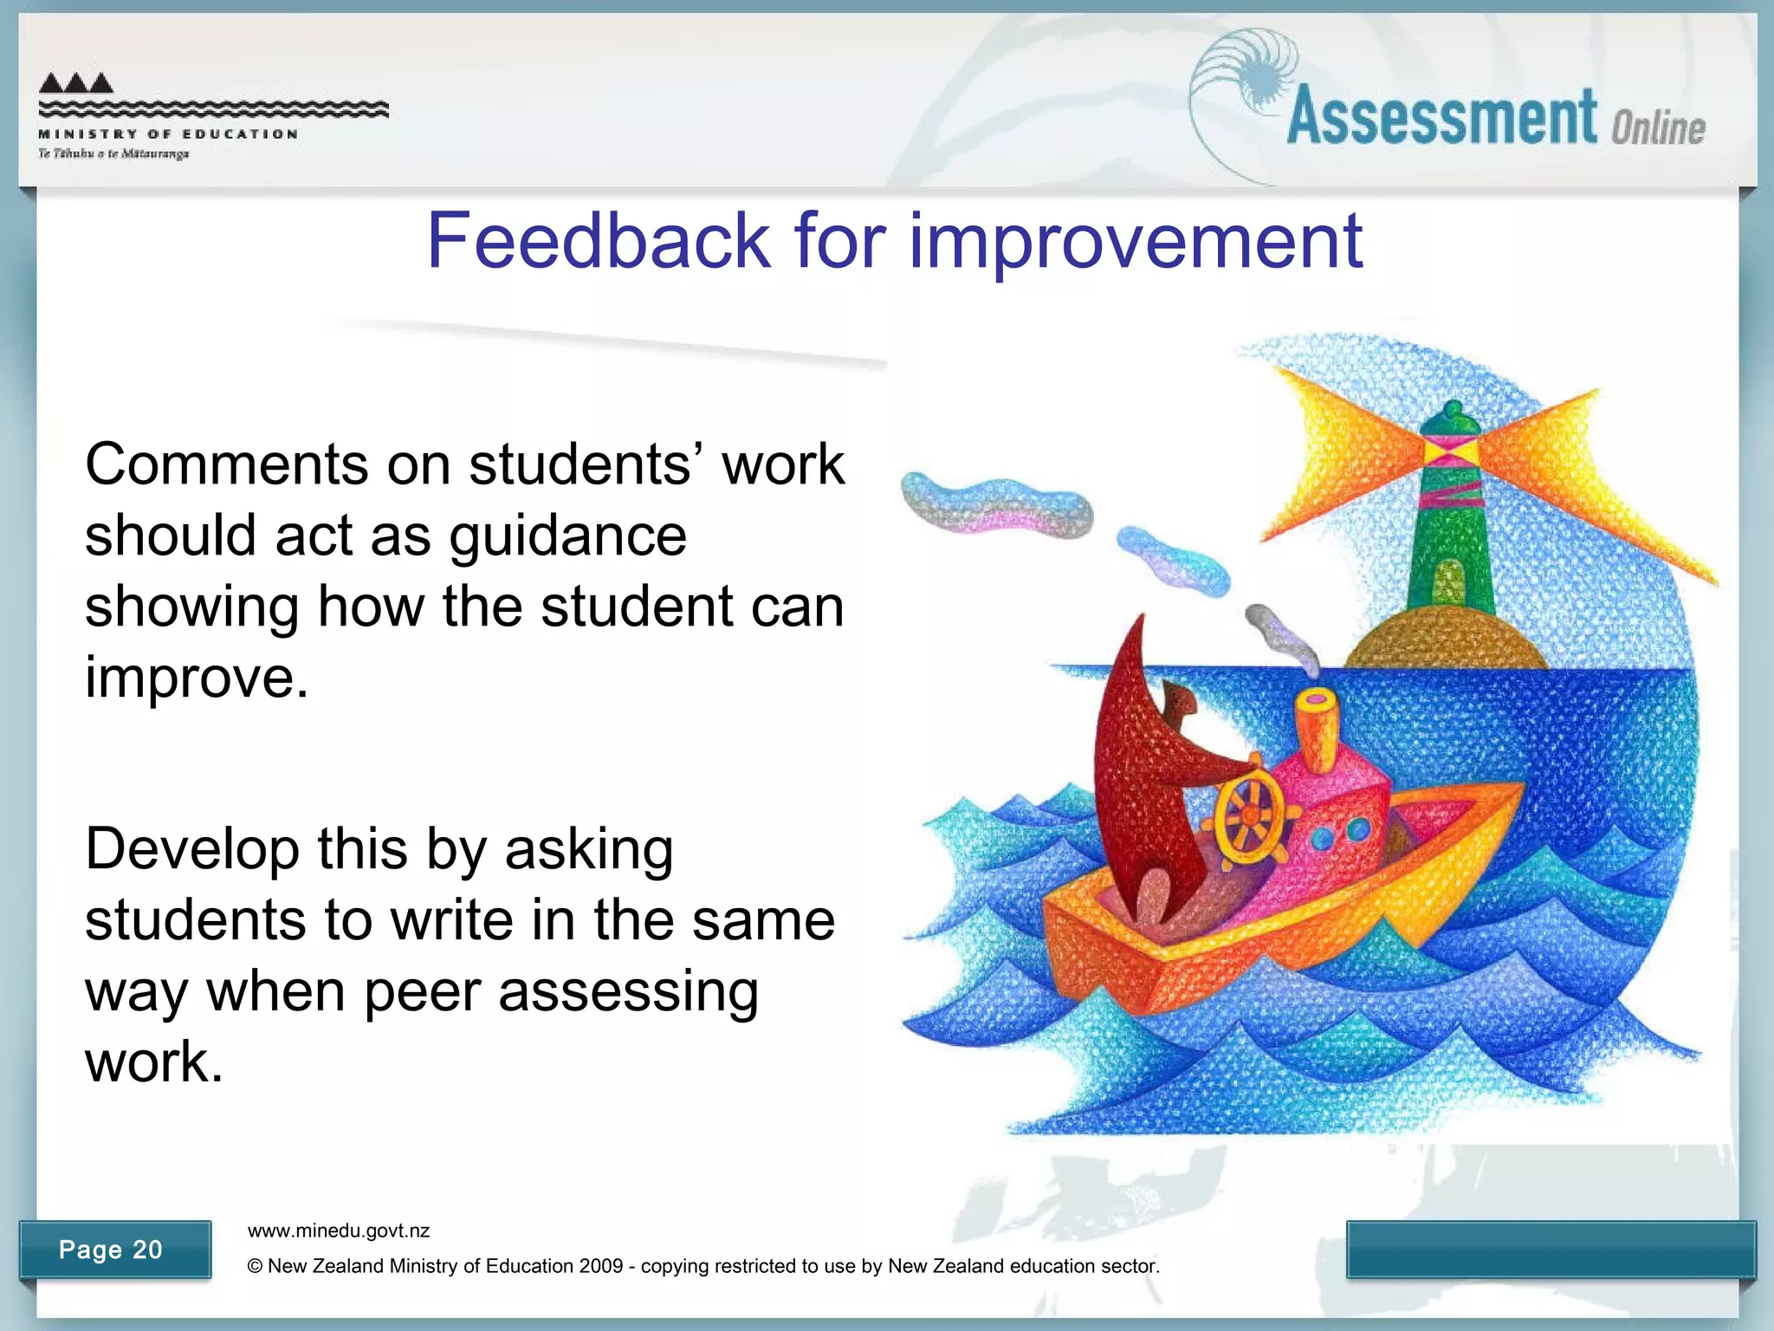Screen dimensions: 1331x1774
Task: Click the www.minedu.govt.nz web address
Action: click(x=339, y=1230)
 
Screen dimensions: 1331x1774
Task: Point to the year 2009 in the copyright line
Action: click(x=601, y=1266)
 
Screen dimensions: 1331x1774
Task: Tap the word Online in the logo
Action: click(x=1658, y=127)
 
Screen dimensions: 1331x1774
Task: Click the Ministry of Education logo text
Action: click(x=168, y=134)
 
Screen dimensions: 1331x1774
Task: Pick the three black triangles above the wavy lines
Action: click(x=76, y=83)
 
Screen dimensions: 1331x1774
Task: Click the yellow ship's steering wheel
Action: click(x=1249, y=816)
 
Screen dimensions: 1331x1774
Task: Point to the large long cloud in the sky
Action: click(x=996, y=504)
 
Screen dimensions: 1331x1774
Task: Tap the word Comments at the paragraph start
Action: click(x=227, y=464)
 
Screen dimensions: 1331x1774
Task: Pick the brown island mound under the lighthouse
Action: click(x=1446, y=641)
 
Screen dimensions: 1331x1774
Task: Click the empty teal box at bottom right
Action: click(x=1551, y=1249)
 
